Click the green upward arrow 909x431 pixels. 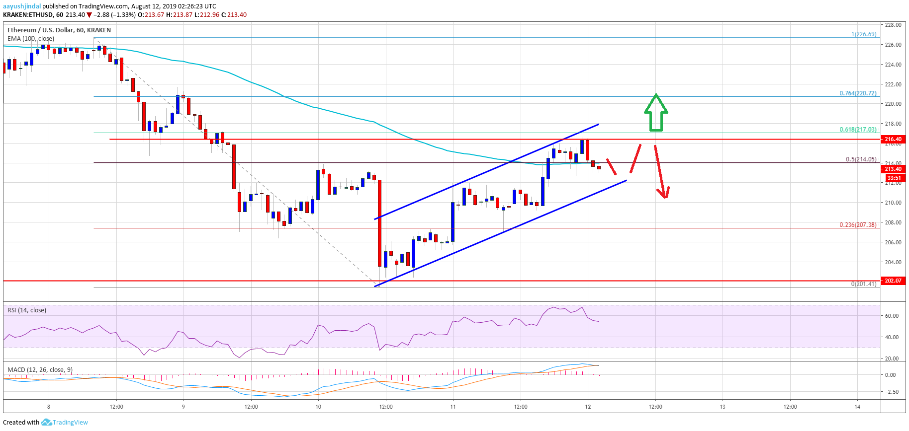point(656,113)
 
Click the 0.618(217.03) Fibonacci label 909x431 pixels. point(858,130)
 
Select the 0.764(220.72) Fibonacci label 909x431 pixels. point(858,93)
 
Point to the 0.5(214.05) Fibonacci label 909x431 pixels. point(861,159)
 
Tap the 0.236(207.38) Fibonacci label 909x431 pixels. point(858,225)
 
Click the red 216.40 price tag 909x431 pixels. point(893,139)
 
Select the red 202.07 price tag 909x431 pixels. point(893,281)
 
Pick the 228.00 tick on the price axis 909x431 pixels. point(893,25)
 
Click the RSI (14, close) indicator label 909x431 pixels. point(27,310)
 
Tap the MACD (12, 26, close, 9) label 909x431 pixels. point(40,370)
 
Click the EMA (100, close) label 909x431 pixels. point(31,39)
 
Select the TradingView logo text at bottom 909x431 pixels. point(70,423)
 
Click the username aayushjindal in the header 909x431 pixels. point(22,6)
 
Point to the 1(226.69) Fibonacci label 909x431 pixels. point(864,34)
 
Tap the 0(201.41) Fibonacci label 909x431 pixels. point(864,284)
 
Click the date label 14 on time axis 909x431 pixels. point(857,407)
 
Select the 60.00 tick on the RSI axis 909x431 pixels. point(892,316)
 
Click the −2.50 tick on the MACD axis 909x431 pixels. point(891,392)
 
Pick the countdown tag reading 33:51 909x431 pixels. point(894,178)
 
